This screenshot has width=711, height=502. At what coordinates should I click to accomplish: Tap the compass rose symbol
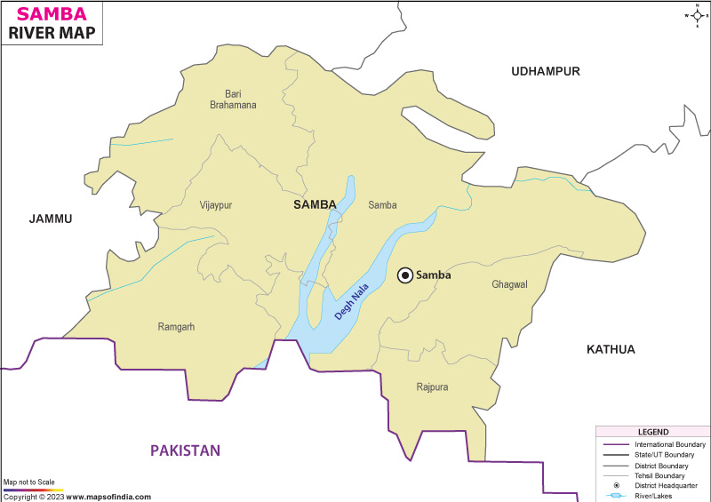[695, 15]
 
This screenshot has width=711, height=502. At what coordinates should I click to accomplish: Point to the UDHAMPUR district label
[545, 71]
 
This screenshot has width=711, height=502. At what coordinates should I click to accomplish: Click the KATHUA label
[611, 349]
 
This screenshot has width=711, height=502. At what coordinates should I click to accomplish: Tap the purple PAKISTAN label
[185, 450]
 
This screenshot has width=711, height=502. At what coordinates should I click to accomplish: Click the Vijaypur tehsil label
[216, 205]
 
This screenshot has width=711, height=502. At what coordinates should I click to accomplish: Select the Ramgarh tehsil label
[176, 327]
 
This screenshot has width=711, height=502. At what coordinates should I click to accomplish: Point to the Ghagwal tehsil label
[509, 284]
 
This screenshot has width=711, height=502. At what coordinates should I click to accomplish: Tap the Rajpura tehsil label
[432, 387]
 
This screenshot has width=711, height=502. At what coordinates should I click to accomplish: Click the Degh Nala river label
[351, 302]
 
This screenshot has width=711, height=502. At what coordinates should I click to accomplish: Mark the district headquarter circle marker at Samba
[405, 275]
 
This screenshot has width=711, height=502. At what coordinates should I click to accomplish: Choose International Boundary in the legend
[669, 444]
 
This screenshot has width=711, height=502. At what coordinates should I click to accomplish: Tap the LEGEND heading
[652, 432]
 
